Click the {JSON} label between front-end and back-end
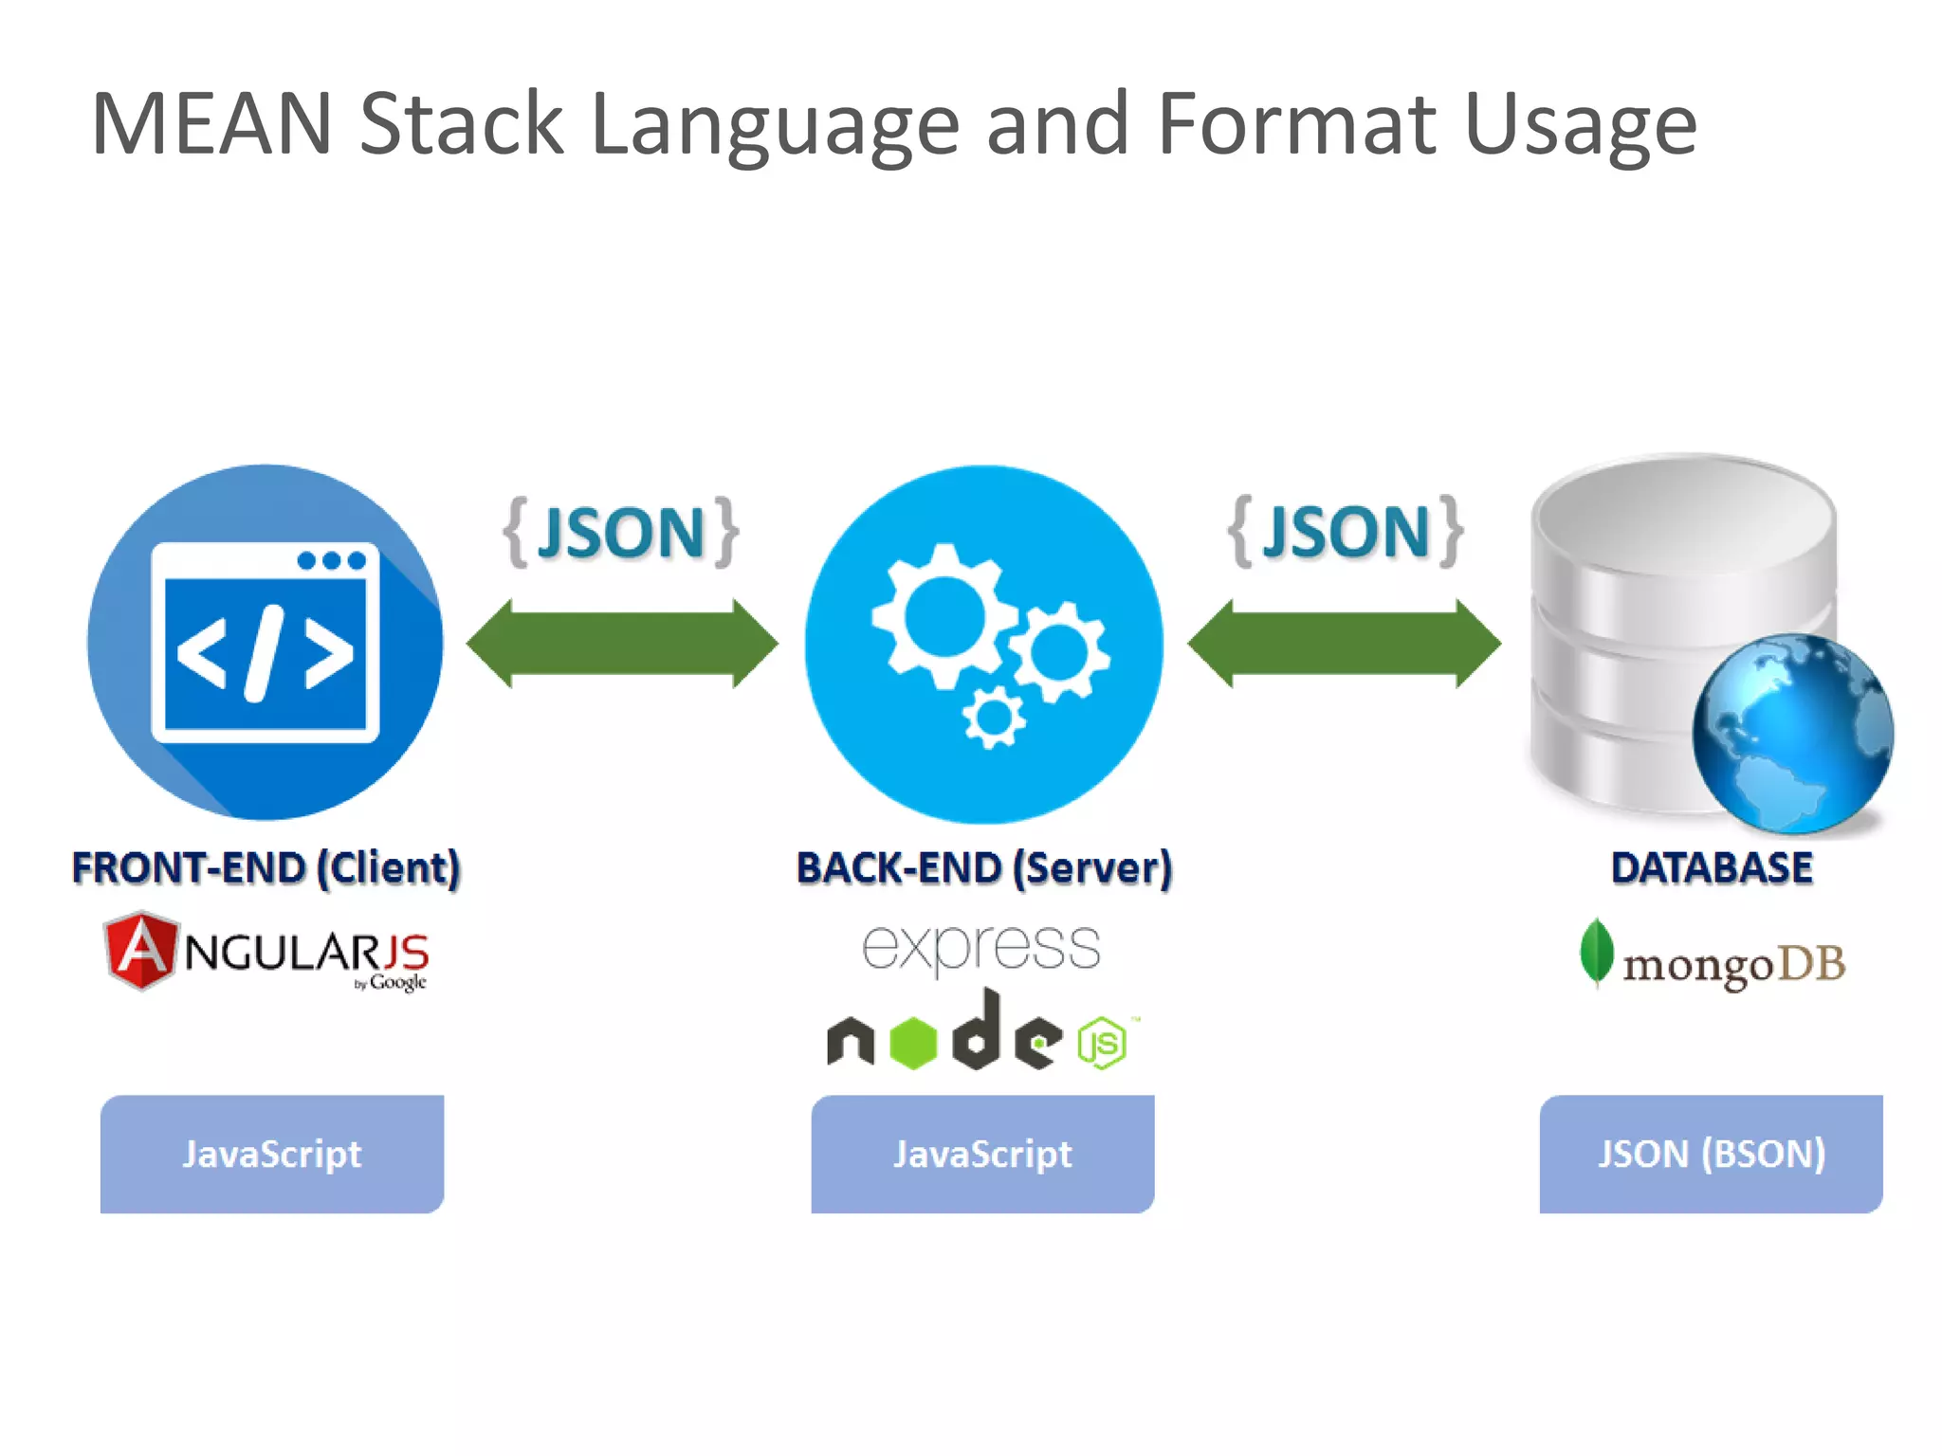coord(621,533)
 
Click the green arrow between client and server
coord(622,644)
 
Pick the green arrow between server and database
coord(1344,644)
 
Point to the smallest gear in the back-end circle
coord(993,719)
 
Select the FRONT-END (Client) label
coord(266,868)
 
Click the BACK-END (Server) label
coord(983,868)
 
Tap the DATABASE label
coord(1712,868)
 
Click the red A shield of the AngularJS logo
coord(140,950)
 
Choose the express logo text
coord(981,947)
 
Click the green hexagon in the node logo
coord(913,1043)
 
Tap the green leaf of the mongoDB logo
coord(1596,952)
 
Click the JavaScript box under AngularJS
coord(272,1154)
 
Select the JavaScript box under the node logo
coord(982,1154)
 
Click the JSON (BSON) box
coord(1711,1154)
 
